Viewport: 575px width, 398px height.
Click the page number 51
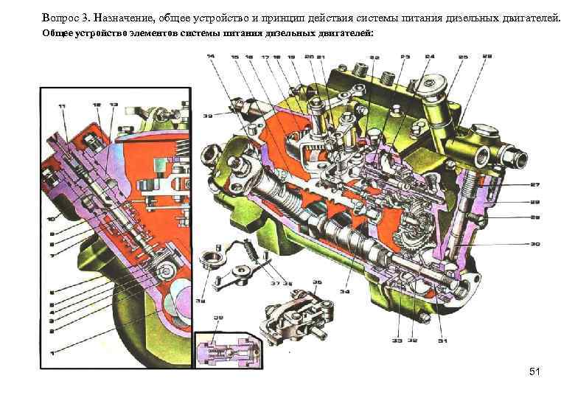click(534, 372)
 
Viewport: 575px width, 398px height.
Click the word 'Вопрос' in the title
click(63, 17)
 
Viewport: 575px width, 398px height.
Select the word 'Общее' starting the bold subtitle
click(57, 34)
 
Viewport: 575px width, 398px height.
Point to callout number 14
click(211, 57)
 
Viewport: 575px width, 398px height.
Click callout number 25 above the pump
click(462, 57)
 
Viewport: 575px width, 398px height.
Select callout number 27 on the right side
click(534, 184)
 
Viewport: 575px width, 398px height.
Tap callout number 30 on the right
click(534, 244)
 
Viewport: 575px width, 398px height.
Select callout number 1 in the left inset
click(52, 354)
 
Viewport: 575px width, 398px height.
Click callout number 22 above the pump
click(374, 57)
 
